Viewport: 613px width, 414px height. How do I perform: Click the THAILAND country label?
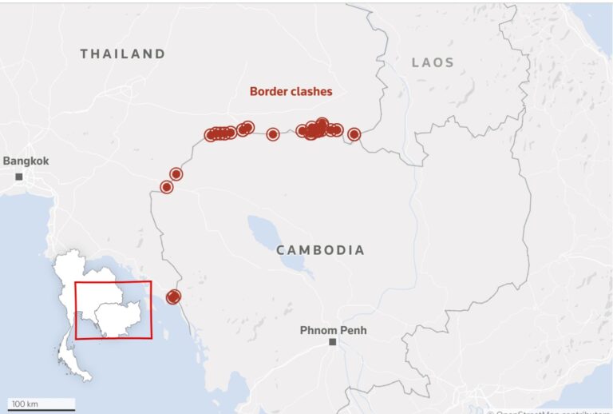point(123,54)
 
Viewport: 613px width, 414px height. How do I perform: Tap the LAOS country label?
point(433,62)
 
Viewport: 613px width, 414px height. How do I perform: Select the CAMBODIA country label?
point(321,250)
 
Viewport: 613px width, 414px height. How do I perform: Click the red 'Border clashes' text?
point(291,91)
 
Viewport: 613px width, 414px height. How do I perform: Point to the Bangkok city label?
point(26,161)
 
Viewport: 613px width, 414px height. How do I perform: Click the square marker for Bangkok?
point(19,176)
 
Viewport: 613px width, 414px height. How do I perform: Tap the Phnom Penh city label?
point(333,330)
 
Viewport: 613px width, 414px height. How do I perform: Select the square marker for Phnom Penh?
point(333,342)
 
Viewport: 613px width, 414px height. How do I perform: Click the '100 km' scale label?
point(25,404)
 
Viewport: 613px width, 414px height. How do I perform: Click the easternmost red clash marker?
point(354,134)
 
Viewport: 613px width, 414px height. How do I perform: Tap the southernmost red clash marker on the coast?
point(172,297)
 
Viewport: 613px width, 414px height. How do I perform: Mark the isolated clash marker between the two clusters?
point(273,134)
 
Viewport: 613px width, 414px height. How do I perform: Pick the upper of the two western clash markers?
point(176,174)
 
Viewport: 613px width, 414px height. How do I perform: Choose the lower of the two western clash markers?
point(167,187)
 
